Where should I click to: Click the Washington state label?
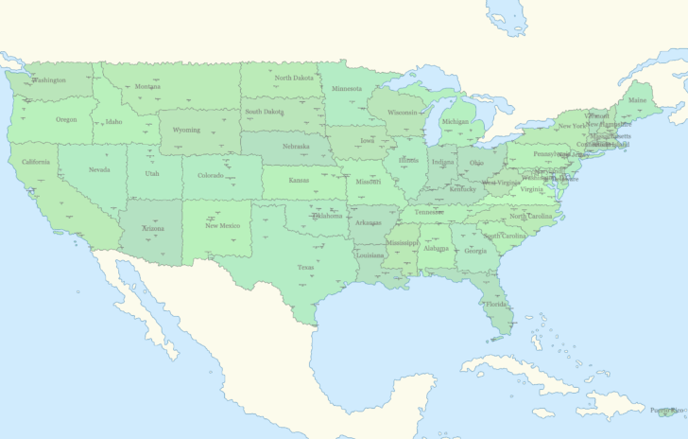(49, 80)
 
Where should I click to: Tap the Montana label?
(147, 87)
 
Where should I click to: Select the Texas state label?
(305, 268)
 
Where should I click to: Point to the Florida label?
(495, 305)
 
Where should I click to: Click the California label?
(36, 162)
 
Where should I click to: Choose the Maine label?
(638, 99)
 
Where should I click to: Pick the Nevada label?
(99, 170)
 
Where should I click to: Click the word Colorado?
(211, 175)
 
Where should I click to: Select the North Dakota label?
(294, 78)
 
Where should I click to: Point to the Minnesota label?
(347, 89)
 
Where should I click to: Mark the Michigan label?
(455, 121)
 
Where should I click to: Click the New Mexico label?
(223, 225)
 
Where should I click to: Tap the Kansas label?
(299, 180)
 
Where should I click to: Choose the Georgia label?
(475, 251)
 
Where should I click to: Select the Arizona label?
(153, 229)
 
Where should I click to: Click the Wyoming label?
(186, 130)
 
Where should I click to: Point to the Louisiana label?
(370, 255)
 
